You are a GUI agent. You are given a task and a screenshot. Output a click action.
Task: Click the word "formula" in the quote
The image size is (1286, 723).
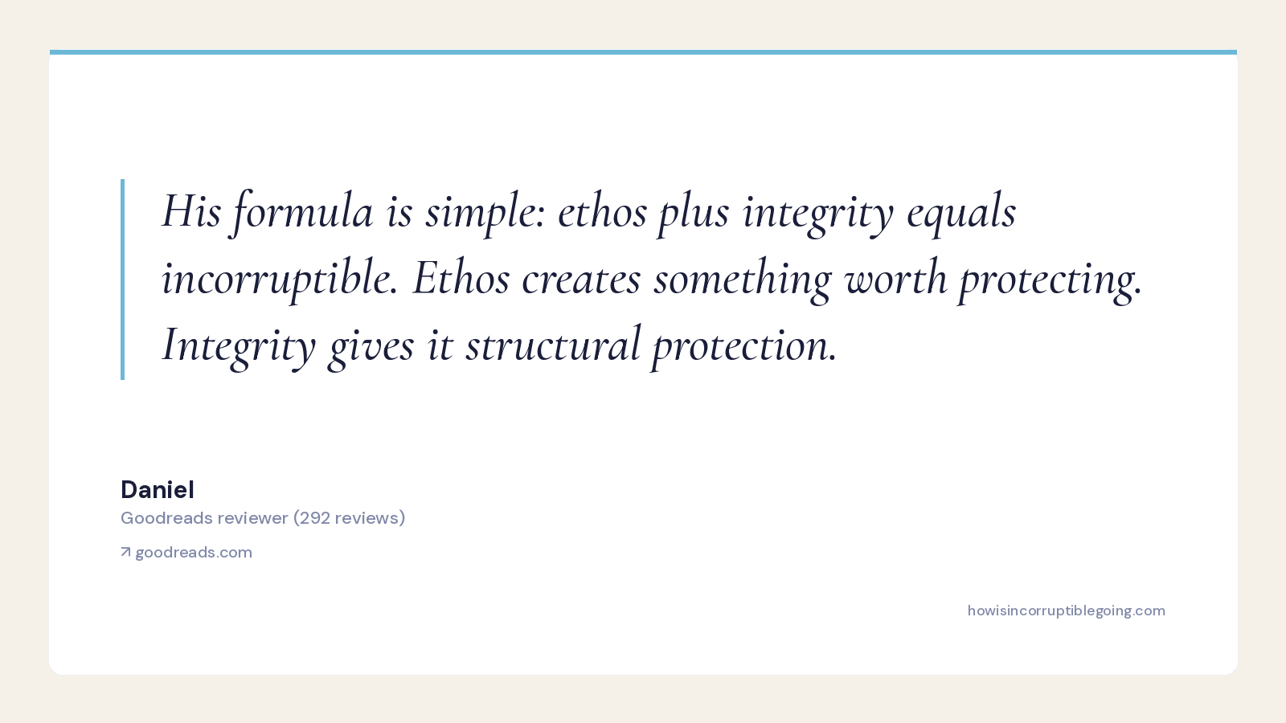pos(301,212)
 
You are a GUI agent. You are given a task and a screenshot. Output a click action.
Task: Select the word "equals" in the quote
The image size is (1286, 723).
pos(961,212)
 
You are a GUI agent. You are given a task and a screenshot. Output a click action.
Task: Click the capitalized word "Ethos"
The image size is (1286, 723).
pos(461,278)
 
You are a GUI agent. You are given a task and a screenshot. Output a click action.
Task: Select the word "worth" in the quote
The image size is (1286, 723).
pos(895,278)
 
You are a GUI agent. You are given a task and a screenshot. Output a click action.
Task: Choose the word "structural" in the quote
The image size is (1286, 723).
pos(553,345)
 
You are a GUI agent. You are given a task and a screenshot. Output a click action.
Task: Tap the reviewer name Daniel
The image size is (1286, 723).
pos(158,490)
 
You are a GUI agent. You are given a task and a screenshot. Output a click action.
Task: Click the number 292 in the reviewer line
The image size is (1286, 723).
pos(315,518)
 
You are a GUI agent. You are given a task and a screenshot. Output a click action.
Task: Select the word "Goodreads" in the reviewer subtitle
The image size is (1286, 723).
pos(166,518)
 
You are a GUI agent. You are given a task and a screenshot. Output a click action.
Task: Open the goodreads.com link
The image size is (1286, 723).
pos(194,553)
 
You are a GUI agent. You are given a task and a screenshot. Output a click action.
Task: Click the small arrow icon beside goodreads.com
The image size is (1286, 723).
pos(125,552)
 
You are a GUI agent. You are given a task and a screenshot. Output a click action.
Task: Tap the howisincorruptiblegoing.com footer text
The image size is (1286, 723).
pos(1066,611)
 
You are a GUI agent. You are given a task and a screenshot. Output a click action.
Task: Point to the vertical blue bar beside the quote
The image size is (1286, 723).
pos(122,280)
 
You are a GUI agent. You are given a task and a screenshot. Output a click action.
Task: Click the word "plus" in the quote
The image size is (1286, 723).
pos(694,212)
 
